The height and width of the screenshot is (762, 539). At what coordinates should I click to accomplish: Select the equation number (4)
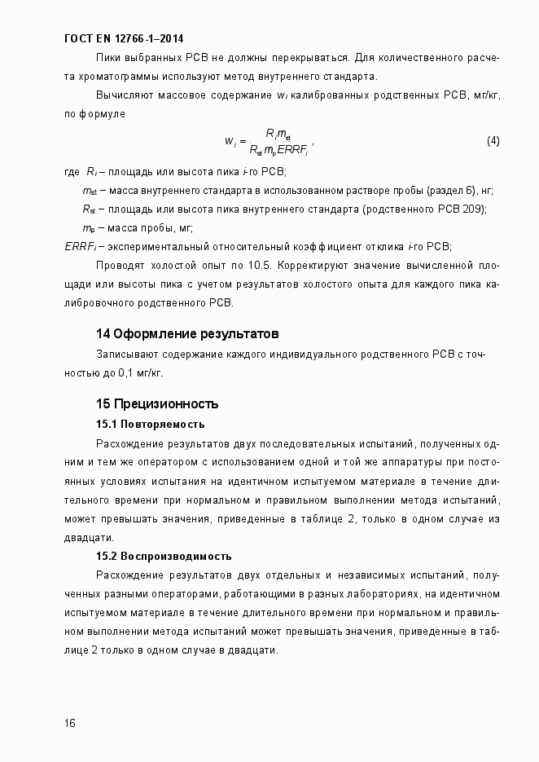click(493, 141)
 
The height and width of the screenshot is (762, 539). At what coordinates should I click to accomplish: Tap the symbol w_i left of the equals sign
click(230, 142)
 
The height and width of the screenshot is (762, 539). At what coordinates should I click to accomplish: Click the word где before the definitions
click(71, 173)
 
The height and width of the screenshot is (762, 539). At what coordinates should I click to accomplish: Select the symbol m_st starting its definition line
click(90, 191)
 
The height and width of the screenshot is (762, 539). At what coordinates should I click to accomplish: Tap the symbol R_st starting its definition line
click(90, 209)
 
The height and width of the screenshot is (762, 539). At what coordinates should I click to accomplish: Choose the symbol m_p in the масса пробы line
click(89, 227)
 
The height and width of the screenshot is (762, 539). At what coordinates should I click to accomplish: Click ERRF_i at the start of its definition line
click(79, 246)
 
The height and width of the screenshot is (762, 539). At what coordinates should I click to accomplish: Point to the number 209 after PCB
click(475, 209)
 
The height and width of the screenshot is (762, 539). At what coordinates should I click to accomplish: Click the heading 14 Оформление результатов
click(187, 334)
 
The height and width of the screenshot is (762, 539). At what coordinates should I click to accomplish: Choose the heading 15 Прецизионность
click(157, 404)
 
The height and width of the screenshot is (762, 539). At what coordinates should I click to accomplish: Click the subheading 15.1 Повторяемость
click(151, 425)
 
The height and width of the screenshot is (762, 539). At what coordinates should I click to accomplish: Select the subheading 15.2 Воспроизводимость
click(164, 557)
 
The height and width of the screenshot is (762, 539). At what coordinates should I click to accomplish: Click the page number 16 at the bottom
click(70, 724)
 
